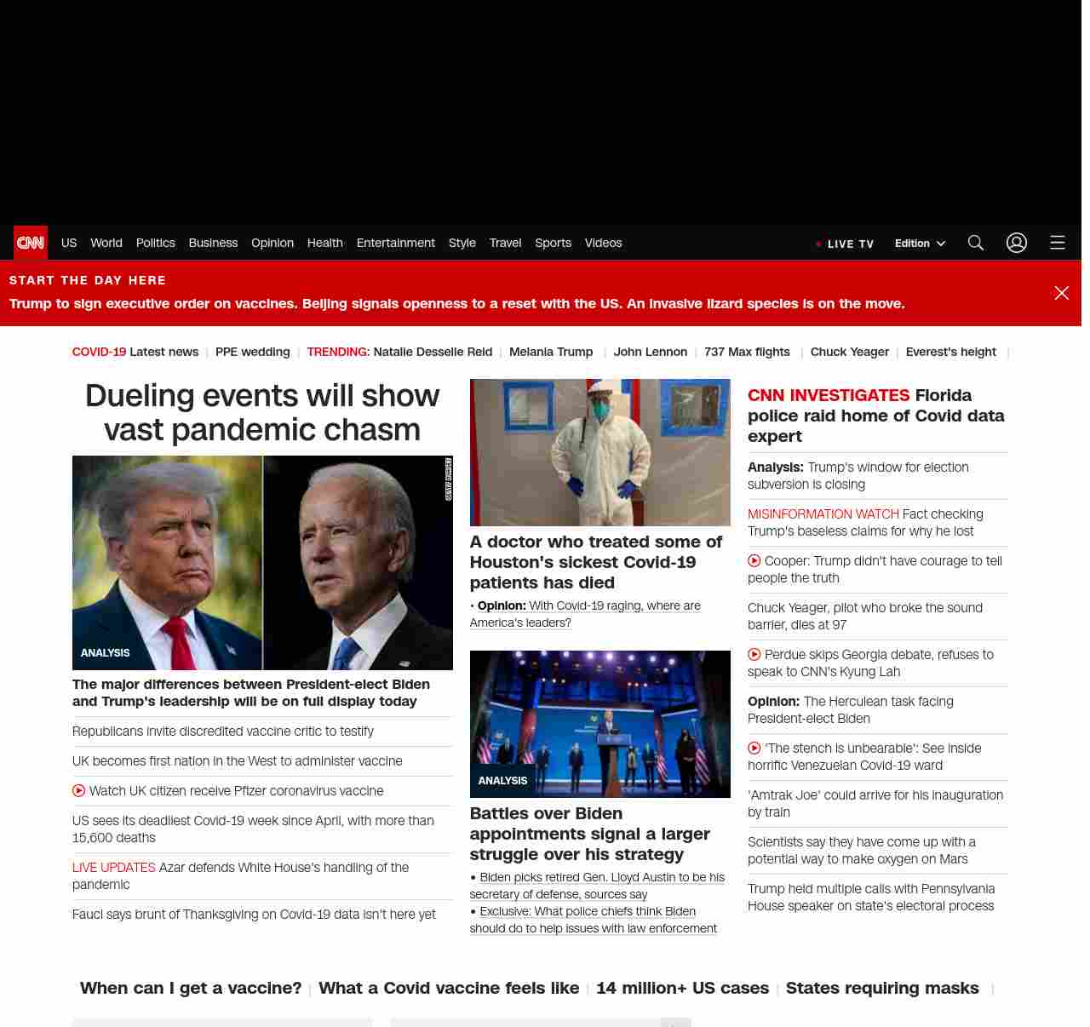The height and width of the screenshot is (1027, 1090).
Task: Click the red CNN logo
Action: (x=31, y=243)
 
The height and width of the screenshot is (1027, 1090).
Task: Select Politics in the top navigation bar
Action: (x=155, y=243)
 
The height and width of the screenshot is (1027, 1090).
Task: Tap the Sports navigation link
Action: (x=553, y=243)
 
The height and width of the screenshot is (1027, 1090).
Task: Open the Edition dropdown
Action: (x=920, y=243)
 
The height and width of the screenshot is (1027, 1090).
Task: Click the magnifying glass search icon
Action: (x=976, y=243)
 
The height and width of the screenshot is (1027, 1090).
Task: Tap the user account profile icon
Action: (x=1017, y=243)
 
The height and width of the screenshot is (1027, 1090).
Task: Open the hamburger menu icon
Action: (x=1058, y=243)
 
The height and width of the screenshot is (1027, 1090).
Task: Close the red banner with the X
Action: (x=1062, y=293)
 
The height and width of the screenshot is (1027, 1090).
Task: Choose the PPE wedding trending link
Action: (x=252, y=352)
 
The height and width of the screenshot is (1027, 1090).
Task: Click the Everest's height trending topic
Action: (x=950, y=352)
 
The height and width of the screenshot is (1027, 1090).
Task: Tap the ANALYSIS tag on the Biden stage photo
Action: (x=502, y=780)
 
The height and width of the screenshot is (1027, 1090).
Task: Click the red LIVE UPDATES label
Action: (x=114, y=867)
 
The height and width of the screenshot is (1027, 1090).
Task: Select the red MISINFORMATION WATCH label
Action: (x=823, y=513)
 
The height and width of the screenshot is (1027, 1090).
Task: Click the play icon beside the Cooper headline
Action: (x=754, y=560)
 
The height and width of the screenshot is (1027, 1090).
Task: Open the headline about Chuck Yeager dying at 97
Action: (x=864, y=616)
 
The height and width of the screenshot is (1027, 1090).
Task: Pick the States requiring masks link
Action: (x=882, y=988)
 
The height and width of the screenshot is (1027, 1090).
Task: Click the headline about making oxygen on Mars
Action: (x=861, y=850)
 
